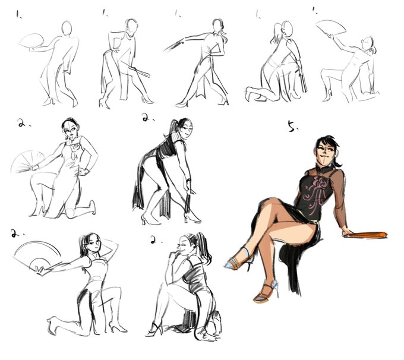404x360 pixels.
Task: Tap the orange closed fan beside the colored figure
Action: (365, 235)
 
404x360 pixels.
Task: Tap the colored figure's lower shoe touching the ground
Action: (266, 291)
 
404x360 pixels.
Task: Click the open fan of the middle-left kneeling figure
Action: (28, 162)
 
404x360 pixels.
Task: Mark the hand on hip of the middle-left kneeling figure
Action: (83, 171)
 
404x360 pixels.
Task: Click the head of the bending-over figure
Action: (185, 127)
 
